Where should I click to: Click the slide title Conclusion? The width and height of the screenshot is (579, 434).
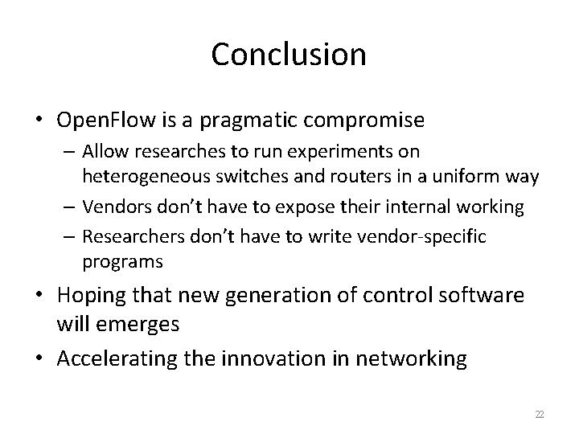pyautogui.click(x=289, y=55)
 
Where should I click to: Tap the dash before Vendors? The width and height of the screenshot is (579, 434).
pyautogui.click(x=68, y=207)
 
